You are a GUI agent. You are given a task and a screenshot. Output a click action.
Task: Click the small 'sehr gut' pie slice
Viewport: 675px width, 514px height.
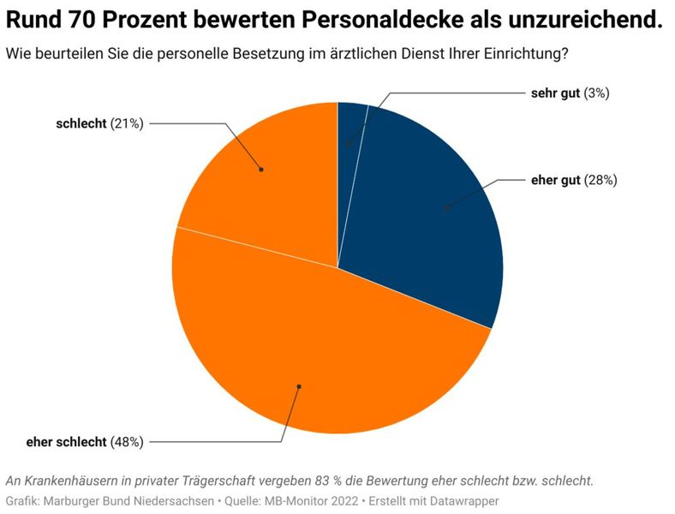pyautogui.click(x=350, y=128)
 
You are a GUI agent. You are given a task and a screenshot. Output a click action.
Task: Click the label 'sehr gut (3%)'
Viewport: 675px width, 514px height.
pyautogui.click(x=570, y=93)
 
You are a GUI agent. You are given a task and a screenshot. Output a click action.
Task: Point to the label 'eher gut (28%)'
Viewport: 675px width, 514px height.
pyautogui.click(x=574, y=180)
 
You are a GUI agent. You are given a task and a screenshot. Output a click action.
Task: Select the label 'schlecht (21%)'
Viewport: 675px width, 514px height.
pyautogui.click(x=99, y=123)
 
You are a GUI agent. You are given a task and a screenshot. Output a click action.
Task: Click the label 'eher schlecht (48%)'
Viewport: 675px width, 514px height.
pyautogui.click(x=85, y=442)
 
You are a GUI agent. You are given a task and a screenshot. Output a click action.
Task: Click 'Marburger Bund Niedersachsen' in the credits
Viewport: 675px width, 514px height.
pyautogui.click(x=131, y=500)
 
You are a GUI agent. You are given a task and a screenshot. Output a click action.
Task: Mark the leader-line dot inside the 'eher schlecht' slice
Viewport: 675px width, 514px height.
pyautogui.click(x=298, y=386)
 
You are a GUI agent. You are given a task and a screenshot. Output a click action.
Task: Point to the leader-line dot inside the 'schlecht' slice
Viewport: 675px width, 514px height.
pyautogui.click(x=261, y=170)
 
